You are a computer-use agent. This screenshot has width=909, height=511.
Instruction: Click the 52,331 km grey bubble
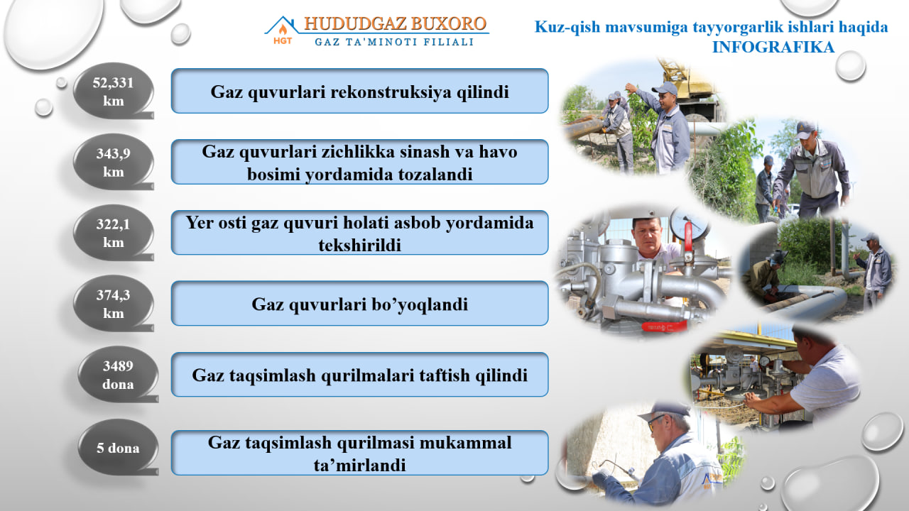click(113, 91)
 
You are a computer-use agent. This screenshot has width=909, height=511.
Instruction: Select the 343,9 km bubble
click(113, 162)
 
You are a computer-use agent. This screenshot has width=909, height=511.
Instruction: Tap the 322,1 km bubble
click(113, 233)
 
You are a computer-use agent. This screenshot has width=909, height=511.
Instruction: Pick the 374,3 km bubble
click(113, 304)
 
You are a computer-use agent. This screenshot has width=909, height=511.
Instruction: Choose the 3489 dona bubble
click(118, 374)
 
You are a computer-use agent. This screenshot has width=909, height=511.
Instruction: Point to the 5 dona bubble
click(118, 447)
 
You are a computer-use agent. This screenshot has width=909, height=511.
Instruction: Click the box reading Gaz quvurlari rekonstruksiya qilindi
click(359, 91)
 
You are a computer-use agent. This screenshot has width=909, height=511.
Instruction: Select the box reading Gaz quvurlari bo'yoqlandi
click(359, 303)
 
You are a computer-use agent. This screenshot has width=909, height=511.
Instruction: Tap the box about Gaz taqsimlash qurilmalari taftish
click(359, 374)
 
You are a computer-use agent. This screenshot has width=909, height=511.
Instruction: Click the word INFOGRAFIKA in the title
click(773, 47)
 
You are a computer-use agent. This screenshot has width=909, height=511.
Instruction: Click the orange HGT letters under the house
click(283, 41)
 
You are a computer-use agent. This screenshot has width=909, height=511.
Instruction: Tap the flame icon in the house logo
click(283, 29)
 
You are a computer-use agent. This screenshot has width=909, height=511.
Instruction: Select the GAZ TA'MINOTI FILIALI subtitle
click(394, 42)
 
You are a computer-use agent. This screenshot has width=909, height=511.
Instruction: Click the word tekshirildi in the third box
click(359, 245)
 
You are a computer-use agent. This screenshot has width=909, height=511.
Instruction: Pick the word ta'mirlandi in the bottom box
click(359, 465)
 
